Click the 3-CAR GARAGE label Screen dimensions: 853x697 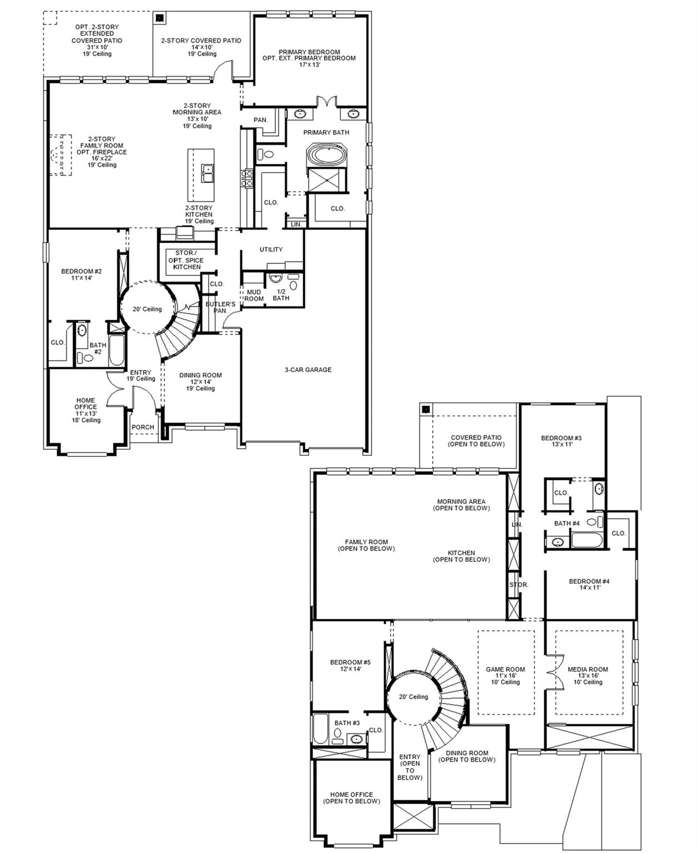pos(308,370)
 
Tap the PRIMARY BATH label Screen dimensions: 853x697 pos(326,133)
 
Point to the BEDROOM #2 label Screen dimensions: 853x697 pos(81,274)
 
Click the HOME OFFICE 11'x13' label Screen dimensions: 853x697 pos(86,410)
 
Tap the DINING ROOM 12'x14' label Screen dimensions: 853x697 pos(200,382)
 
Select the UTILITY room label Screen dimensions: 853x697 pos(271,250)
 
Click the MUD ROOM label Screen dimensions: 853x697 pos(254,295)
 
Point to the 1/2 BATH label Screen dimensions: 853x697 pos(281,295)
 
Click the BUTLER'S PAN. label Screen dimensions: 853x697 pos(220,308)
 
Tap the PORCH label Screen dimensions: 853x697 pos(143,428)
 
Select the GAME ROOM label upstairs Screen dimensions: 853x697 pos(505,675)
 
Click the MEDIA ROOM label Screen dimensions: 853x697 pos(588,675)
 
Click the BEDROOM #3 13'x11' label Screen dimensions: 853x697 pos(561,441)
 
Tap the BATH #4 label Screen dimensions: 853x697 pos(566,524)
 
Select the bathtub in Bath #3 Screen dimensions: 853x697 pos(320,729)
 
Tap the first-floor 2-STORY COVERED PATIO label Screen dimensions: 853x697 pos(201,47)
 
